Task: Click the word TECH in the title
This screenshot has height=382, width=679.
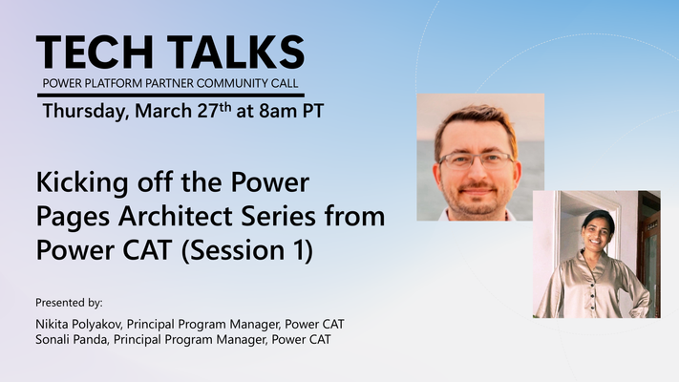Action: (x=95, y=52)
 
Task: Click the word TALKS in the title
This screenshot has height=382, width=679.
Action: (x=236, y=52)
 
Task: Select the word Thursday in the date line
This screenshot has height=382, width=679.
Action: (x=86, y=112)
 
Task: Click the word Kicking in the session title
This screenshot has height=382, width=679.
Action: (x=82, y=182)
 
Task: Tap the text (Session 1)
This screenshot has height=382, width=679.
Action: (x=246, y=251)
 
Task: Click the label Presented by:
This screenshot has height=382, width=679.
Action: (x=70, y=303)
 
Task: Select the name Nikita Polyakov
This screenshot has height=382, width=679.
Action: (x=79, y=325)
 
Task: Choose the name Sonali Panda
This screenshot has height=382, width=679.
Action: (x=71, y=340)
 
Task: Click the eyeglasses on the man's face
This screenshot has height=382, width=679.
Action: (x=476, y=161)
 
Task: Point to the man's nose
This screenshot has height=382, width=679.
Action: (x=477, y=170)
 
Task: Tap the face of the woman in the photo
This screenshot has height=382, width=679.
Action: (x=597, y=232)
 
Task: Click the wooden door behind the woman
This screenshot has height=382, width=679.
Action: (x=648, y=255)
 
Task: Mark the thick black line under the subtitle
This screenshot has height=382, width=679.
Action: (x=171, y=95)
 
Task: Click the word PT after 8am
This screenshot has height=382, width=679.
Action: (x=312, y=111)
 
